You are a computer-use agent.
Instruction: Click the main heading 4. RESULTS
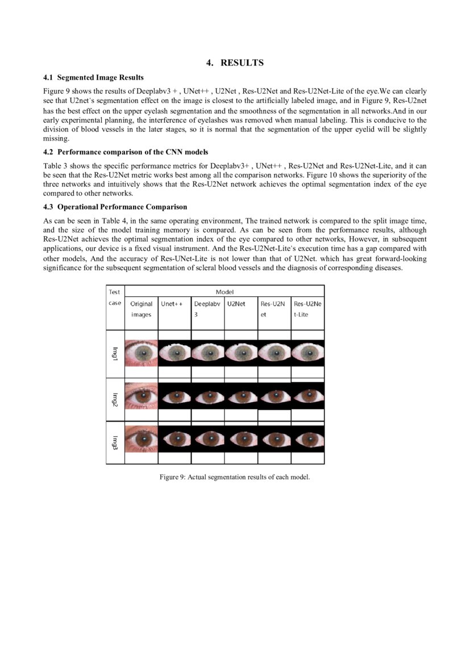(x=235, y=63)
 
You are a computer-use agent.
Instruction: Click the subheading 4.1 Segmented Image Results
(x=93, y=77)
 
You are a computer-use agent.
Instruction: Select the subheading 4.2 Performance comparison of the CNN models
(x=126, y=152)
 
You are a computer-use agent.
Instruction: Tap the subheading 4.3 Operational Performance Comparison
(x=115, y=206)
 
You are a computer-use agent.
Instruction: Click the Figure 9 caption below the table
(x=235, y=477)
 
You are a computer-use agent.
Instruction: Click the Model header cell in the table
(x=224, y=291)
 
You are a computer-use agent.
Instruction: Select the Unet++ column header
(x=171, y=304)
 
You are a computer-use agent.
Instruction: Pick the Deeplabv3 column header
(x=205, y=309)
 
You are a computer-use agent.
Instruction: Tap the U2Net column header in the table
(x=236, y=304)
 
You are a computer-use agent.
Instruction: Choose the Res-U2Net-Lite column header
(x=307, y=309)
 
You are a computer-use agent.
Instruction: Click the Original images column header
(x=141, y=309)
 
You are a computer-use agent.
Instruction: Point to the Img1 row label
(x=115, y=353)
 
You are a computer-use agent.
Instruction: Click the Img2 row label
(x=115, y=399)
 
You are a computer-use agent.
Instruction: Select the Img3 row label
(x=115, y=441)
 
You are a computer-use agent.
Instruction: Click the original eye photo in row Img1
(x=141, y=353)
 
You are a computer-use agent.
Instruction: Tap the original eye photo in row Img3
(x=141, y=439)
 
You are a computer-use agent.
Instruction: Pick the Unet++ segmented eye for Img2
(x=174, y=396)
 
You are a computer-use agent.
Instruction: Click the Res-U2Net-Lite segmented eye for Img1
(x=307, y=353)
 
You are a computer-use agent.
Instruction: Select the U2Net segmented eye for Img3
(x=241, y=439)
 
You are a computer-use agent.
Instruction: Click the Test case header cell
(x=115, y=297)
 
